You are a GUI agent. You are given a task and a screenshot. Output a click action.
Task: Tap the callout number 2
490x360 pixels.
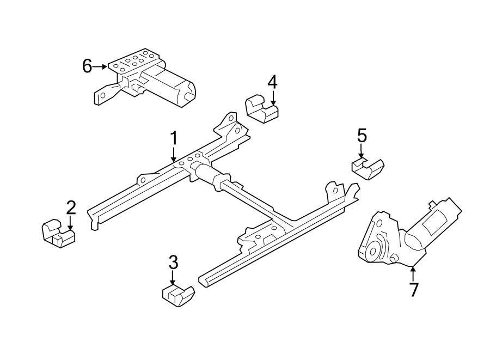(x=71, y=207)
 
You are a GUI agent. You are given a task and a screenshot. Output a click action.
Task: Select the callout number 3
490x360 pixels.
(x=173, y=263)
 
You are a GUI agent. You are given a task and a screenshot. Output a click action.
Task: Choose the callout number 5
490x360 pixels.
(x=362, y=135)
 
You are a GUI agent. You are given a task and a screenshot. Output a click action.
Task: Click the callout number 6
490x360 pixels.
(x=87, y=66)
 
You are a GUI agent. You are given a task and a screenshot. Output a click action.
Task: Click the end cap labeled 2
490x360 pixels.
(x=57, y=231)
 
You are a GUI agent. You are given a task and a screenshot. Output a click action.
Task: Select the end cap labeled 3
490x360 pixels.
(x=178, y=295)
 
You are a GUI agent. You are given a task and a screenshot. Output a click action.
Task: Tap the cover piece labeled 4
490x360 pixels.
(x=261, y=109)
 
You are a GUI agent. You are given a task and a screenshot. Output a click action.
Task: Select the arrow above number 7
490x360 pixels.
(x=413, y=272)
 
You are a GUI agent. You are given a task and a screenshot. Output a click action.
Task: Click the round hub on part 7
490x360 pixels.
(x=373, y=251)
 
